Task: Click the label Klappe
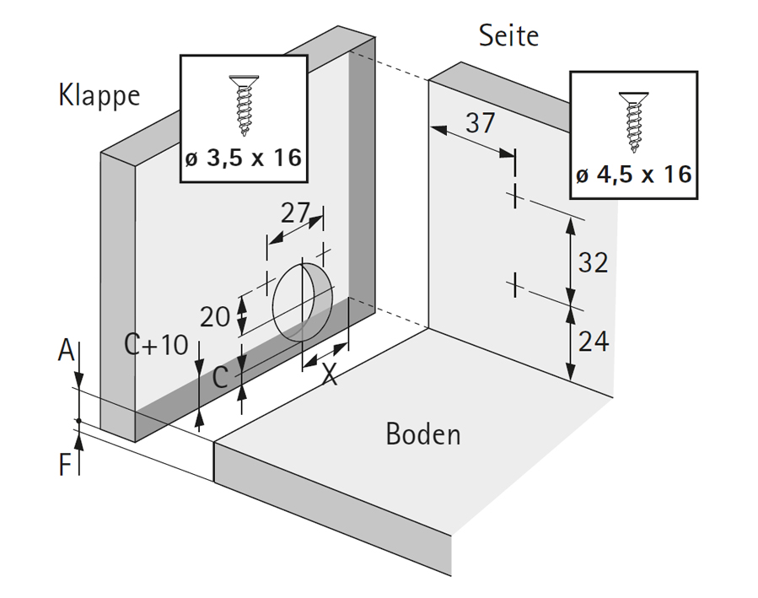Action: [x=99, y=95]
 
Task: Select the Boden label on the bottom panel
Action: [x=423, y=434]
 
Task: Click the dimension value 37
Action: [x=481, y=123]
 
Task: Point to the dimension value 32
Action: [x=593, y=262]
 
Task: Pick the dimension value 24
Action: [x=593, y=342]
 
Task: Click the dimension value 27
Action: [x=296, y=213]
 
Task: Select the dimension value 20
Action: [x=215, y=316]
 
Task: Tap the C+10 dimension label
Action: [x=157, y=344]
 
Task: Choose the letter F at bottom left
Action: [x=65, y=465]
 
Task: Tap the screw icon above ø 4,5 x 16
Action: [x=633, y=117]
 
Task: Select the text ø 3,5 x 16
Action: [x=243, y=157]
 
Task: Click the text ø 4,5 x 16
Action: [x=633, y=175]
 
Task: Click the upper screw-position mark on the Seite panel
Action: [x=513, y=197]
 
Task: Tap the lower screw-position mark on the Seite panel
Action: [x=513, y=285]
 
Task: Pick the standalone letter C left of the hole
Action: [x=219, y=377]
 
